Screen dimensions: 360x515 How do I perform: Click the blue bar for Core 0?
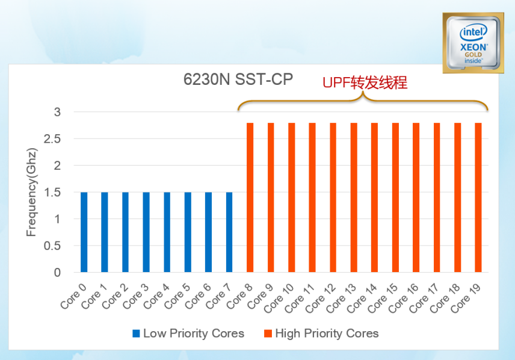[x=84, y=232]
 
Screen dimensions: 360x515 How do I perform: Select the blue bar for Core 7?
[x=229, y=232]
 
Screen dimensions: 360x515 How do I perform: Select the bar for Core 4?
[x=167, y=232]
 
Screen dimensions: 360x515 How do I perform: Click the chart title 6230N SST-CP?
[x=239, y=79]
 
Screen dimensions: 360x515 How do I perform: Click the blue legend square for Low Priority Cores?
[x=137, y=334]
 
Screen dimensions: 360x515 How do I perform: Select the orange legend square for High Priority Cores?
[x=268, y=334]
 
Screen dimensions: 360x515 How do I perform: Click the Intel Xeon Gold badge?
[x=473, y=43]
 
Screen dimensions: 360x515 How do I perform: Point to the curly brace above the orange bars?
[x=363, y=102]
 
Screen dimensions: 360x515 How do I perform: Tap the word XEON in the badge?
[x=473, y=46]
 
